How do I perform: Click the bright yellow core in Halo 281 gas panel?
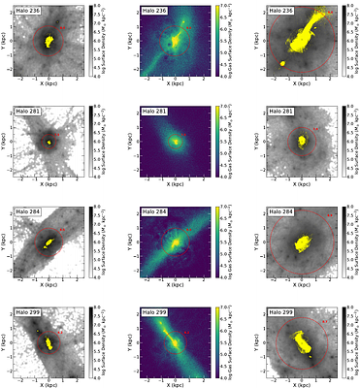pos(175,141)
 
